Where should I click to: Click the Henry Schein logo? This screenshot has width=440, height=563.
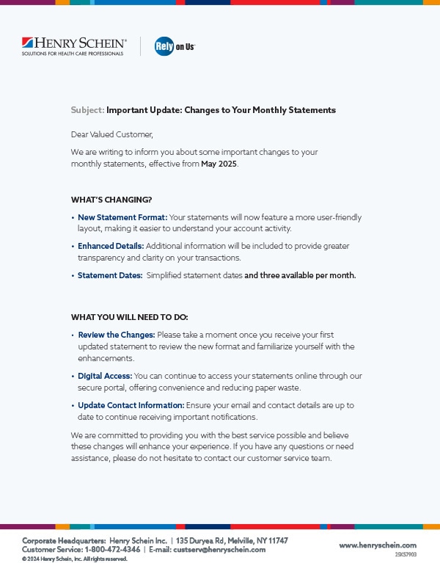(74, 46)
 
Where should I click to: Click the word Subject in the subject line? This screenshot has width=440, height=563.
(87, 110)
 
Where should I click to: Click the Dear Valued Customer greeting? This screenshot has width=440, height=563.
(112, 134)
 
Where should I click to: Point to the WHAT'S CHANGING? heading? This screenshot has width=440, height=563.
(111, 200)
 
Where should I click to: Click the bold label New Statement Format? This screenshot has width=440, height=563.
(122, 217)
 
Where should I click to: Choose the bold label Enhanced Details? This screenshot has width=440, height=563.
(111, 246)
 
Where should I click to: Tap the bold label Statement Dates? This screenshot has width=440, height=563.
(110, 275)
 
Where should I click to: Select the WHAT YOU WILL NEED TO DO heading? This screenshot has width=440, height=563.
(129, 317)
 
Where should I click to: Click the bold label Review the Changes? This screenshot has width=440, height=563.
(117, 335)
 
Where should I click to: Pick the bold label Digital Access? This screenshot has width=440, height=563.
(105, 376)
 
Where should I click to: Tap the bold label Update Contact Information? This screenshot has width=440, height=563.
(131, 405)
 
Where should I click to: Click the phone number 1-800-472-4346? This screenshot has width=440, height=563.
(113, 549)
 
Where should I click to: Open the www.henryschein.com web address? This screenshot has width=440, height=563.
(378, 545)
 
